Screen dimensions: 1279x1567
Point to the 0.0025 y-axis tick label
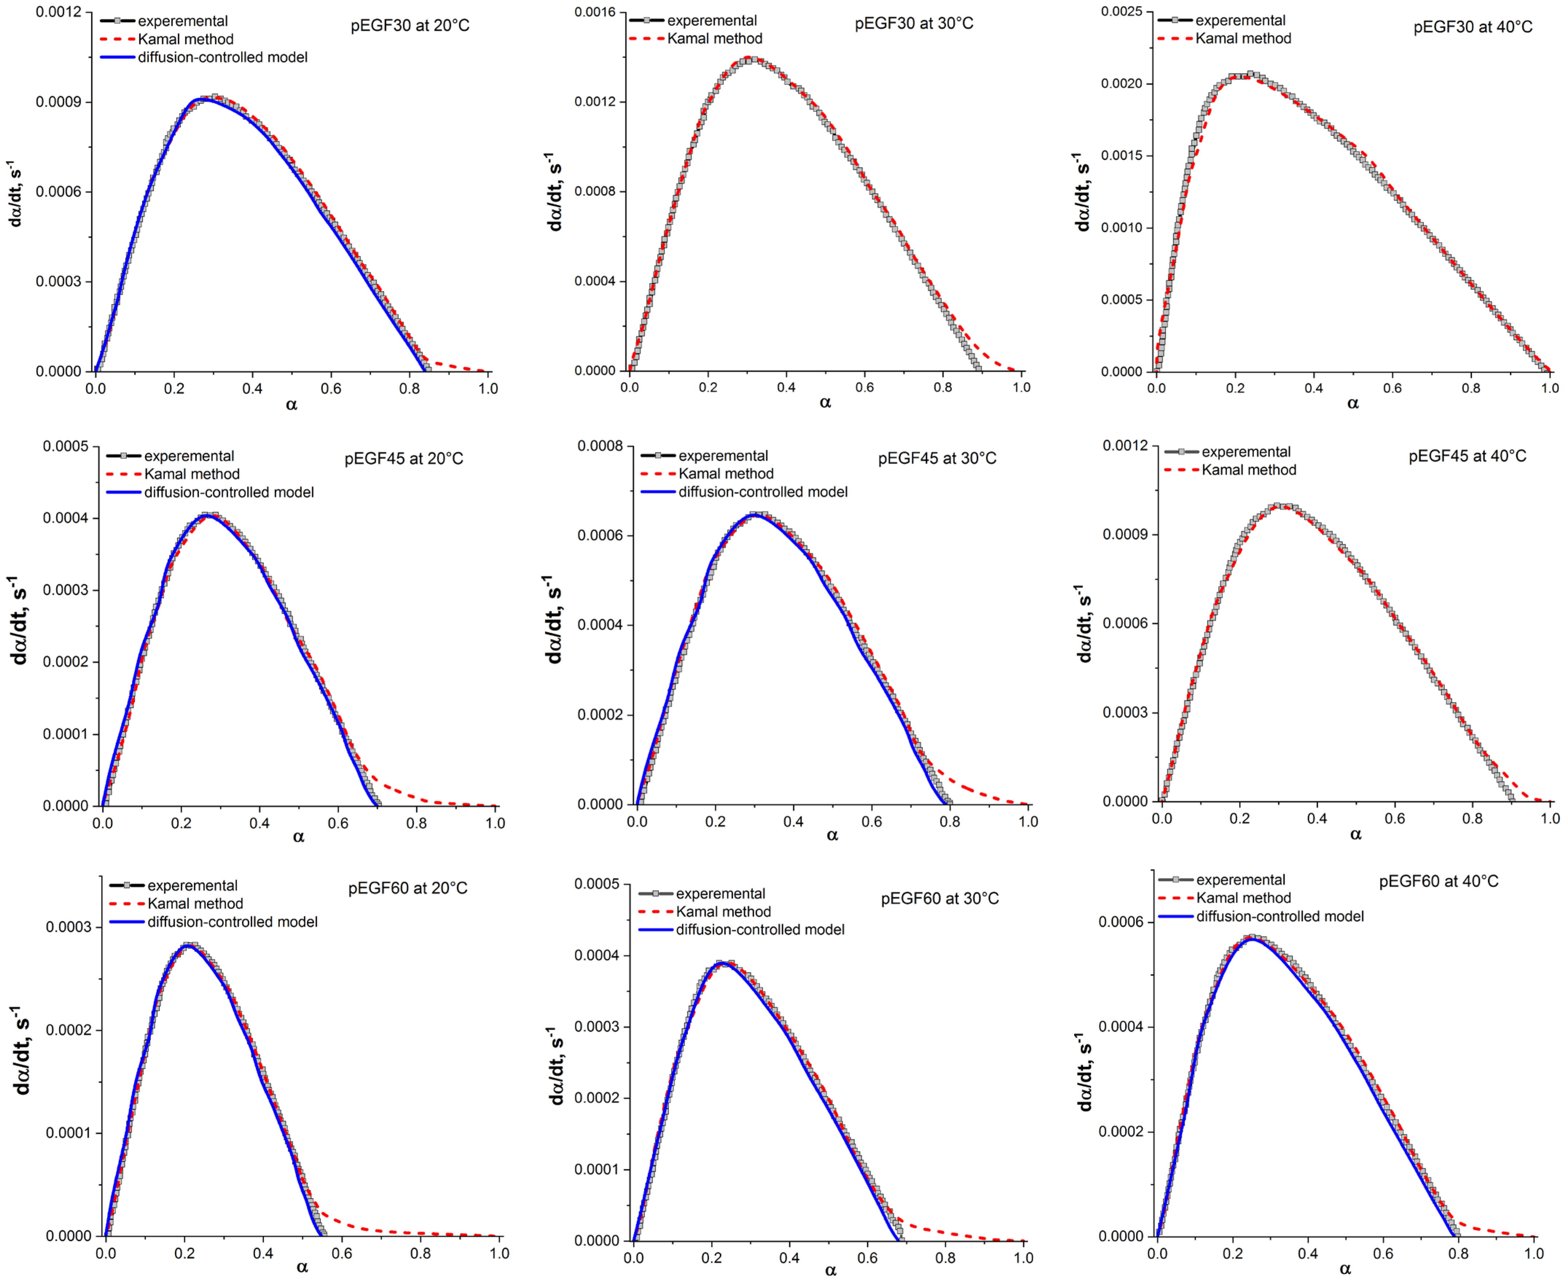[x=1121, y=12]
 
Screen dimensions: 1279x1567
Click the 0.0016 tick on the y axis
[x=595, y=12]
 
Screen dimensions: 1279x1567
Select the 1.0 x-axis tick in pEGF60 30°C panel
[x=1023, y=1257]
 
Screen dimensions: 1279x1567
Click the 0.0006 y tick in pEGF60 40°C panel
[x=1120, y=922]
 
